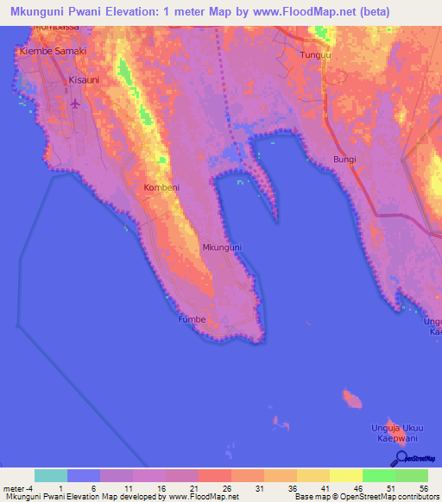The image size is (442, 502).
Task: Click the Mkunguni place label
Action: (222, 248)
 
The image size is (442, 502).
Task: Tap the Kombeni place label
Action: (161, 186)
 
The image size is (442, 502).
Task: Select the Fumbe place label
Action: (191, 319)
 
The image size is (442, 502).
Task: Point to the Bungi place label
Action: (344, 160)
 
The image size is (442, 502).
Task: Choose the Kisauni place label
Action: (85, 79)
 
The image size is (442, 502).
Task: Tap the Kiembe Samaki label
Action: (54, 52)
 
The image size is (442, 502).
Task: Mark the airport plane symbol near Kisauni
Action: (75, 104)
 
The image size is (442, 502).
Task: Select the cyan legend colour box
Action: (51, 475)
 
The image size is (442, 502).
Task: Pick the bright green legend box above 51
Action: (379, 475)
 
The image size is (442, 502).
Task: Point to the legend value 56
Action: (423, 489)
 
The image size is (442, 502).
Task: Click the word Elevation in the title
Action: (106, 12)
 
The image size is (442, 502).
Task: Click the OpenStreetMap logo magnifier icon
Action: (401, 458)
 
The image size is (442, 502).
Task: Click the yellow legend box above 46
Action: (346, 475)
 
